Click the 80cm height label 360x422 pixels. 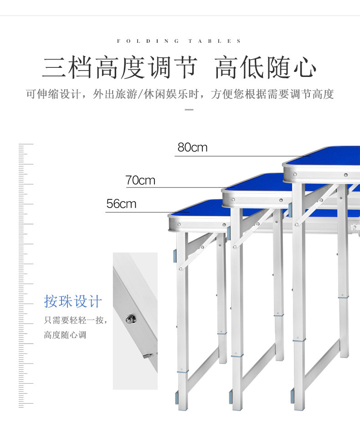[x=192, y=147]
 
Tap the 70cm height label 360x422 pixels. [x=140, y=180]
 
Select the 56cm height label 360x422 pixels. [x=121, y=204]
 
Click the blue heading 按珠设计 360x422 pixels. [x=73, y=301]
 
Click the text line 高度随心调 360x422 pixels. [x=65, y=335]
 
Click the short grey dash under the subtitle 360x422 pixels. [x=189, y=110]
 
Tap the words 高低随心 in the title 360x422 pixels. [x=266, y=69]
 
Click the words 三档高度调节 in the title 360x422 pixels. [x=120, y=69]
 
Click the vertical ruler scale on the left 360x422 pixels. [x=26, y=273]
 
